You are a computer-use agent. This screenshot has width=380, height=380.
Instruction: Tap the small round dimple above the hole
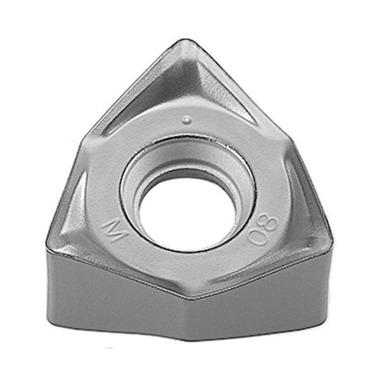(x=186, y=118)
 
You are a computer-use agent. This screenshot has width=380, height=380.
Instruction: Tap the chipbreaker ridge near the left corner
(x=76, y=209)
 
